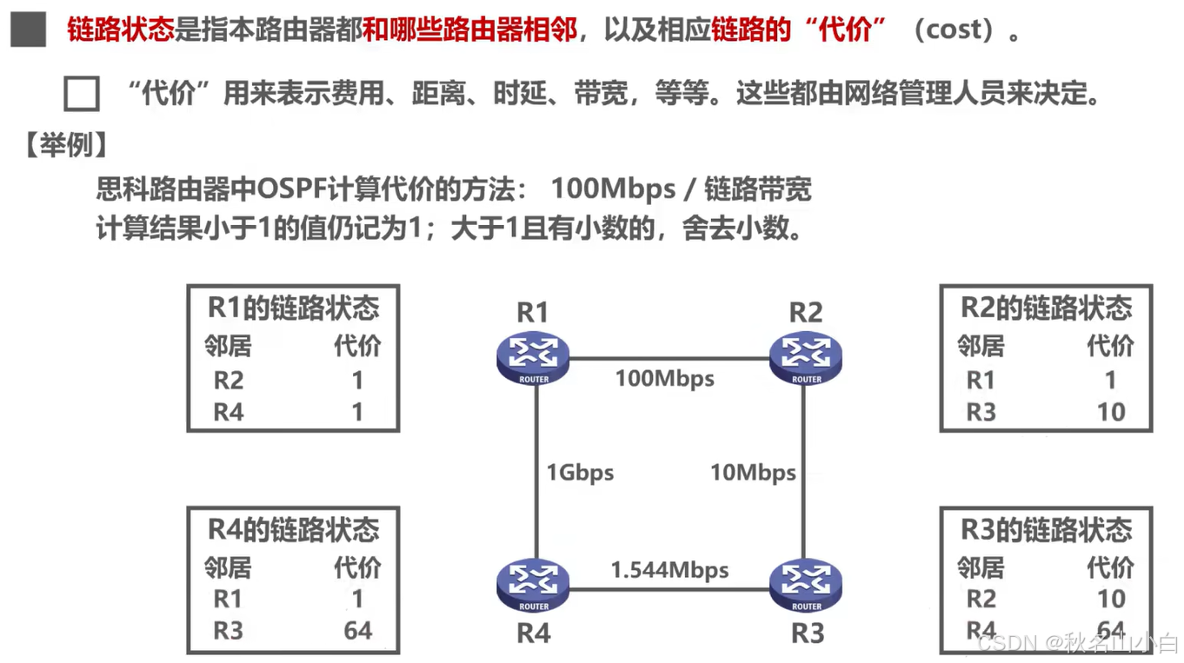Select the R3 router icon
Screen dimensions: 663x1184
click(x=806, y=584)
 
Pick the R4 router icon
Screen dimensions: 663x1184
click(x=533, y=584)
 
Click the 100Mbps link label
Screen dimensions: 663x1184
click(x=665, y=379)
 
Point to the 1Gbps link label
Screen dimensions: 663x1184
click(x=580, y=473)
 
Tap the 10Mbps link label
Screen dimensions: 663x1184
click(x=753, y=473)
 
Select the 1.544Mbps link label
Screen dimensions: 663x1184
click(x=669, y=570)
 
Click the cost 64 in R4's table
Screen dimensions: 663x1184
click(x=357, y=630)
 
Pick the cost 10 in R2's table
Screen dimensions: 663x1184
click(x=1111, y=412)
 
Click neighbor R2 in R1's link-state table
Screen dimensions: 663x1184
click(x=229, y=380)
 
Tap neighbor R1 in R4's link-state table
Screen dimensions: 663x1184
click(x=228, y=599)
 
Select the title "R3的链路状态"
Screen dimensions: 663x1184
click(x=1046, y=529)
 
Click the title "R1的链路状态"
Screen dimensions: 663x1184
click(x=293, y=308)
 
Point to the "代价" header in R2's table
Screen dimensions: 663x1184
click(x=1110, y=346)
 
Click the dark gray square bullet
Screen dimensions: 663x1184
click(x=29, y=30)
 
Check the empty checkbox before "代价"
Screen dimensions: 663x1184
click(x=82, y=93)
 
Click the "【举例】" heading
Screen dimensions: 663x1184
click(x=66, y=144)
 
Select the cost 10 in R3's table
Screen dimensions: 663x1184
click(x=1111, y=599)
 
